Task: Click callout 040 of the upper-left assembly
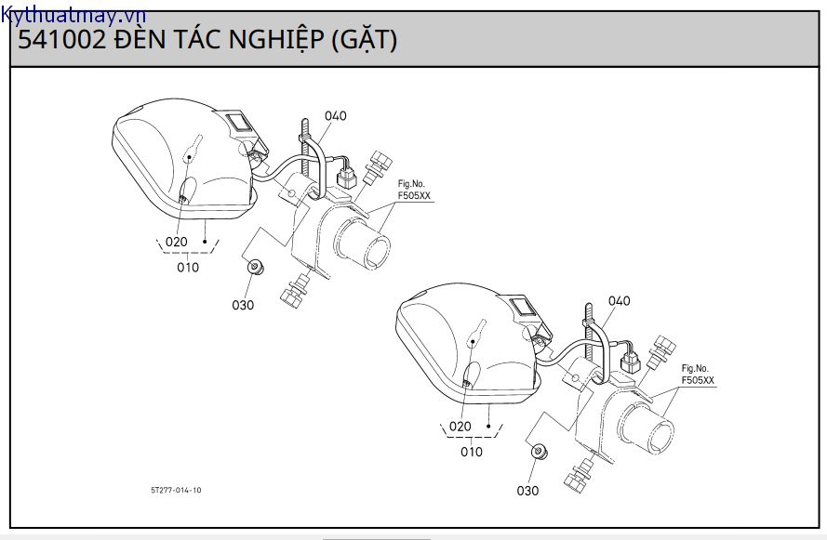click(335, 116)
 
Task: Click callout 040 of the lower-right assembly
click(619, 301)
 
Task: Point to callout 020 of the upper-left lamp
click(176, 242)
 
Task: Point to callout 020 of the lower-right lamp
click(460, 427)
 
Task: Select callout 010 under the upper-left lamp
click(188, 268)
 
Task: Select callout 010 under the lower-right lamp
click(472, 453)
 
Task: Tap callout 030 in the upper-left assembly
click(245, 304)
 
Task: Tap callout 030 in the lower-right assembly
click(527, 490)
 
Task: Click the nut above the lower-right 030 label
click(537, 453)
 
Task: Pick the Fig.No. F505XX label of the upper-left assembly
click(411, 191)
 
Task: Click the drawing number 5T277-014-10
click(175, 490)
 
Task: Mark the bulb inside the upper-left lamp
click(193, 148)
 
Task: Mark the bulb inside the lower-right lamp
click(476, 333)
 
